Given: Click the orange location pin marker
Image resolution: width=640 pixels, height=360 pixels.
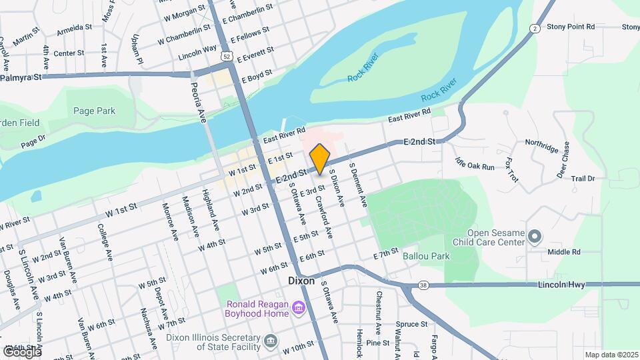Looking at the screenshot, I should coord(320,159).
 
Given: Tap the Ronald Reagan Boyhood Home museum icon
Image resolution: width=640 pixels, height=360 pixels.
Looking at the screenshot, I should coord(299,308).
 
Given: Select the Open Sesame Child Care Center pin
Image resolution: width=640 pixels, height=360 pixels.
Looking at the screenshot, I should coord(534,236).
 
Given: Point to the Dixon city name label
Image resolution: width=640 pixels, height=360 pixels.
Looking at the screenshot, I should coord(301,281).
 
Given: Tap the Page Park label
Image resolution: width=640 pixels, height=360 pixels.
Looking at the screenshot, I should coord(94,111).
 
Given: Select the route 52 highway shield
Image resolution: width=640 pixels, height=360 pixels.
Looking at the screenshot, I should coord(228,57).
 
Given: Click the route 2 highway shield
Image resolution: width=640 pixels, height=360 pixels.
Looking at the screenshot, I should coord(535,28).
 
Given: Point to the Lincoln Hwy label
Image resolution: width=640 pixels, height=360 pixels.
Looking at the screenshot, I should coord(561,285).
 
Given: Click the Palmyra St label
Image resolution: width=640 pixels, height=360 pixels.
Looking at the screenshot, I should coord(21,77).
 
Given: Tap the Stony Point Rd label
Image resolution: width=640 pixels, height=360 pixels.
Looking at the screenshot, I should coord(570,27).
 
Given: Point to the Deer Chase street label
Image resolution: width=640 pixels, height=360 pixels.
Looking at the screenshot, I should coord(563,160).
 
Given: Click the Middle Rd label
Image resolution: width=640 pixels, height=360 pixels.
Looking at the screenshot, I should coord(564,252).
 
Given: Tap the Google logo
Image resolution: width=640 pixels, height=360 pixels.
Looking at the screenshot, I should coord(22,351).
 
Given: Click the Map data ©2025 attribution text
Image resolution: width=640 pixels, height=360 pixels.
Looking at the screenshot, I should coord(611,355).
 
